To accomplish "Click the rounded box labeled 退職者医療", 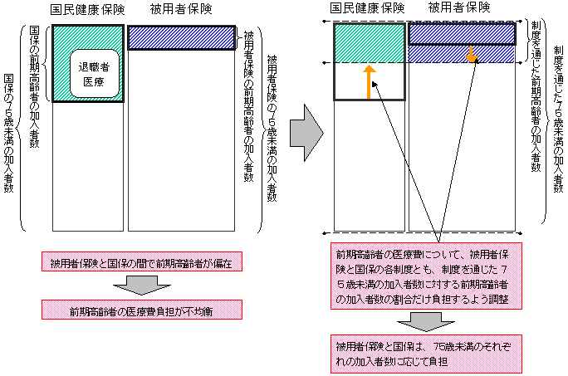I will pyautogui.click(x=88, y=75).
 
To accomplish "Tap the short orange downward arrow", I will pyautogui.click(x=472, y=56).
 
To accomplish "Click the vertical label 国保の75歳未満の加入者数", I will pyautogui.click(x=9, y=133).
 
